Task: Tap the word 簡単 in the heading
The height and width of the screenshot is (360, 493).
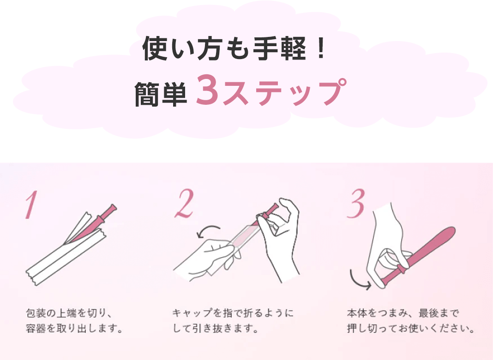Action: tap(161, 93)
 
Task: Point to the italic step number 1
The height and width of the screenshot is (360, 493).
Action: tap(31, 204)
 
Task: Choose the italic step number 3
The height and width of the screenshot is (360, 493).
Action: tap(355, 203)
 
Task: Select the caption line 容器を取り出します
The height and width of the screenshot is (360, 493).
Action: tap(74, 329)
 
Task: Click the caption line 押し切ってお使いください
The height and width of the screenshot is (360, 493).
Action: tap(410, 329)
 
